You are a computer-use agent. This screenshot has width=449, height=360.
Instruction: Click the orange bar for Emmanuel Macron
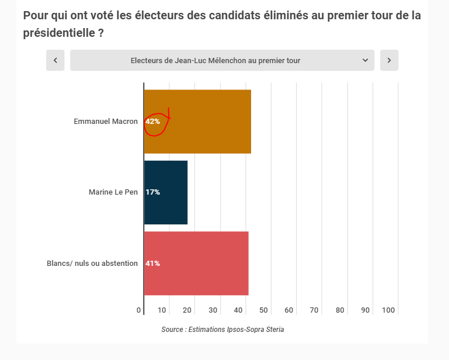pyautogui.click(x=210, y=122)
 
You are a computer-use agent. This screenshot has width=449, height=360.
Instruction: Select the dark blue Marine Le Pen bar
pyautogui.click(x=169, y=192)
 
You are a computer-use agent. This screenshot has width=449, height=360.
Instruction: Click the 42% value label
pyautogui.click(x=153, y=122)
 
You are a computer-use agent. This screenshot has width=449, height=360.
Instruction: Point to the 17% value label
pyautogui.click(x=153, y=192)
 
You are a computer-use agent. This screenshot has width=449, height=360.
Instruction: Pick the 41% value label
pyautogui.click(x=153, y=264)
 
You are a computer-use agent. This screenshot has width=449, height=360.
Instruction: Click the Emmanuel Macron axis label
pyautogui.click(x=106, y=122)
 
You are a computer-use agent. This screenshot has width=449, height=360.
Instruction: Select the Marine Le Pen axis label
pyautogui.click(x=113, y=192)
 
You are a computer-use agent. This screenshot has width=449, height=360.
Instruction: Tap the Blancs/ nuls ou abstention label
pyautogui.click(x=92, y=264)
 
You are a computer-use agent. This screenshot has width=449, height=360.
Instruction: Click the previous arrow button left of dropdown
pyautogui.click(x=55, y=60)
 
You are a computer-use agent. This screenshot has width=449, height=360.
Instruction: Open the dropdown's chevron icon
pyautogui.click(x=365, y=60)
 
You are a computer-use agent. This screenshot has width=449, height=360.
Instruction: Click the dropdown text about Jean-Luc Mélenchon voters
pyautogui.click(x=215, y=60)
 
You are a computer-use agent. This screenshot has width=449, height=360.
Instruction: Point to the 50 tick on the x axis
pyautogui.click(x=263, y=310)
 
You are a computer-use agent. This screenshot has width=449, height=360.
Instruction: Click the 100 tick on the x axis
pyautogui.click(x=389, y=310)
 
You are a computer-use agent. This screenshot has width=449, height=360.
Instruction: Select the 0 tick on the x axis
pyautogui.click(x=139, y=310)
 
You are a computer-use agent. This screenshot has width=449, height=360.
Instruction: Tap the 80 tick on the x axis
pyautogui.click(x=340, y=310)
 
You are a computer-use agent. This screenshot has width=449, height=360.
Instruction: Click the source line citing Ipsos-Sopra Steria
pyautogui.click(x=222, y=330)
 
